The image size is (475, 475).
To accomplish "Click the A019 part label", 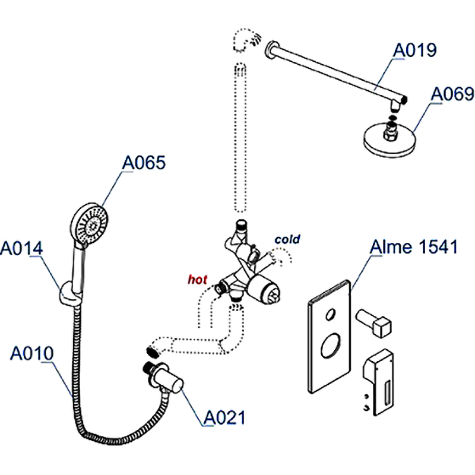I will [x=416, y=50].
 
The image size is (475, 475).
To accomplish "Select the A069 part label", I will [x=452, y=94].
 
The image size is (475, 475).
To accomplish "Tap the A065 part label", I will [x=144, y=163].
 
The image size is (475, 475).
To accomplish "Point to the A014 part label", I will [x=21, y=248].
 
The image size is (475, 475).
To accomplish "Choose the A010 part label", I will [x=32, y=354].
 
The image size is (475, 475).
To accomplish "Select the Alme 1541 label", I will [x=414, y=247].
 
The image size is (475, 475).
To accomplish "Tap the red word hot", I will [x=198, y=278].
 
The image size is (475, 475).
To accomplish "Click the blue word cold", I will [x=287, y=240].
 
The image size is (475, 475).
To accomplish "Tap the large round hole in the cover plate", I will [x=330, y=346].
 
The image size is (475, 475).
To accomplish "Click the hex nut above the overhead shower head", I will [x=392, y=126].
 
